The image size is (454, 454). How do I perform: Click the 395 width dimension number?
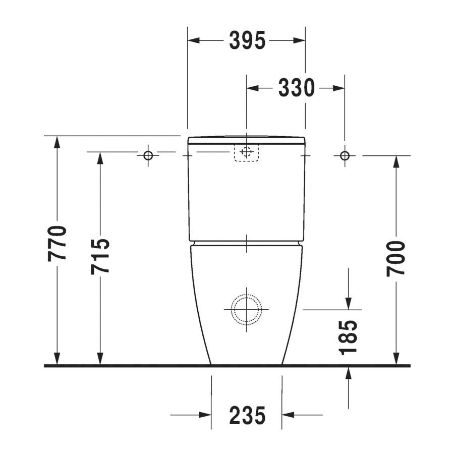(x=247, y=40)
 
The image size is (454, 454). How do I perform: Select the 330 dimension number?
(x=296, y=88)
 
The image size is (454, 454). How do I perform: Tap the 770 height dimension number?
(x=57, y=244)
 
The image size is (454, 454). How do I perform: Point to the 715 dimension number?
(x=100, y=257)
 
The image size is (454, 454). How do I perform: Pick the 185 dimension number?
(x=348, y=337)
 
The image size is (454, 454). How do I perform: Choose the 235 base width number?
(x=247, y=415)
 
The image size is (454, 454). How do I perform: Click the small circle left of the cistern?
(x=148, y=155)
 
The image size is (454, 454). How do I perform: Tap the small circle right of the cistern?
(x=345, y=156)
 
